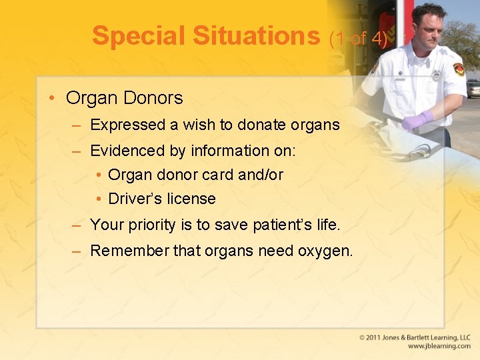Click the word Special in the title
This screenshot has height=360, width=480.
(x=139, y=36)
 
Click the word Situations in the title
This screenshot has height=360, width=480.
(x=257, y=36)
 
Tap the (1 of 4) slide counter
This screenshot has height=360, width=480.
(x=358, y=39)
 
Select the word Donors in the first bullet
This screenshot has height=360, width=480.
(x=152, y=98)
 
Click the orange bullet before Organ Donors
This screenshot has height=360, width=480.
(x=52, y=98)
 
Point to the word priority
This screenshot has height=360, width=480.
(x=151, y=225)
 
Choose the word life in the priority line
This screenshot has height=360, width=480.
(x=327, y=225)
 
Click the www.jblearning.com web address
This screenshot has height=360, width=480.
(x=439, y=347)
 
